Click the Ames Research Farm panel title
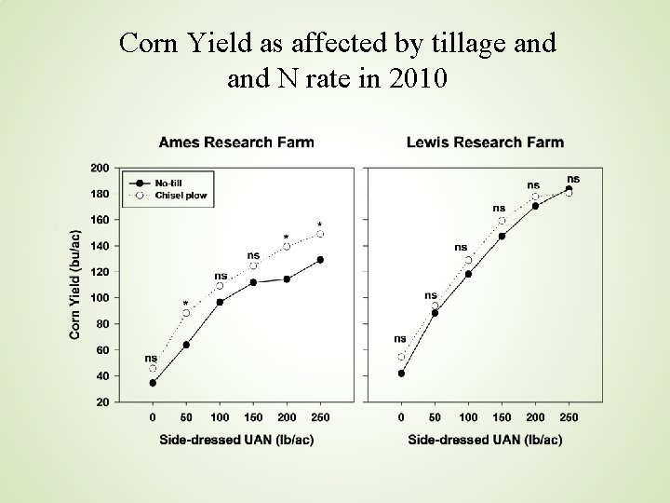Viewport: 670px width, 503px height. click(236, 142)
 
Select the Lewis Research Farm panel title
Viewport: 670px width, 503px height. click(485, 142)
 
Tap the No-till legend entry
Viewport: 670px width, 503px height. click(156, 184)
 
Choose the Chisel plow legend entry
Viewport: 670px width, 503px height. click(167, 196)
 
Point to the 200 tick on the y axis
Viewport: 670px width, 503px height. click(100, 168)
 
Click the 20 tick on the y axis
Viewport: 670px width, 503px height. click(102, 402)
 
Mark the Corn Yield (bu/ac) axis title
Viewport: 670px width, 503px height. click(74, 285)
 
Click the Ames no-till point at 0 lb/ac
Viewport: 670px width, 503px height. click(153, 383)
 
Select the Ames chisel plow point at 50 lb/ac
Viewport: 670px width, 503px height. click(186, 313)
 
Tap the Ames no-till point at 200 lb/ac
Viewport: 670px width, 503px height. click(287, 279)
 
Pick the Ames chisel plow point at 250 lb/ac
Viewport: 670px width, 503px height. click(320, 234)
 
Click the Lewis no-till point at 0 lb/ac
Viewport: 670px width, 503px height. click(401, 374)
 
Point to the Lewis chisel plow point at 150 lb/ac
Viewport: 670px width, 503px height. click(502, 221)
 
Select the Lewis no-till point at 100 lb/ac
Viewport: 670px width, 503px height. click(468, 274)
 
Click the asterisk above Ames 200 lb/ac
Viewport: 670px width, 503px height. click(287, 237)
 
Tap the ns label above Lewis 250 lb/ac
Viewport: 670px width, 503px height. click(573, 179)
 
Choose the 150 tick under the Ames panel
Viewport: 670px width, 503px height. click(253, 417)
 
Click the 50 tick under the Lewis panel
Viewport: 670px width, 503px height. click(435, 417)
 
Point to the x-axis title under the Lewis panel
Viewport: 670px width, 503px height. click(485, 440)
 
